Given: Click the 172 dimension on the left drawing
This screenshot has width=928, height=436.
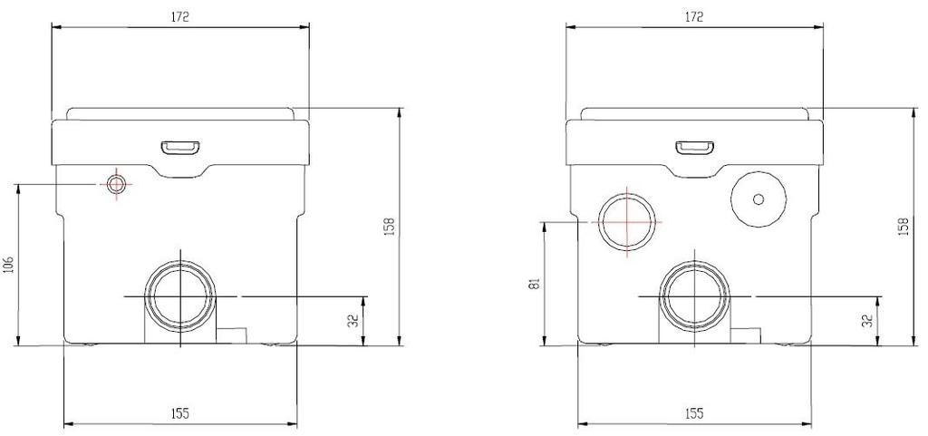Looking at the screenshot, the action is tap(180, 17).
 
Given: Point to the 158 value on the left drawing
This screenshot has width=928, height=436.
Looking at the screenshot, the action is tap(390, 227).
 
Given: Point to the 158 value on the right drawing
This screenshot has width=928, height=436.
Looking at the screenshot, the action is tap(904, 227).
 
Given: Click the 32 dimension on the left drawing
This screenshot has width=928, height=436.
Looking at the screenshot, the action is tap(354, 321).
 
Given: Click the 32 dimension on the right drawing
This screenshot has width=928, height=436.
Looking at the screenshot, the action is tap(868, 321).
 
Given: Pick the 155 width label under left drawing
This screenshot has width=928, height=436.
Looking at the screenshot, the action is tap(180, 413).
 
